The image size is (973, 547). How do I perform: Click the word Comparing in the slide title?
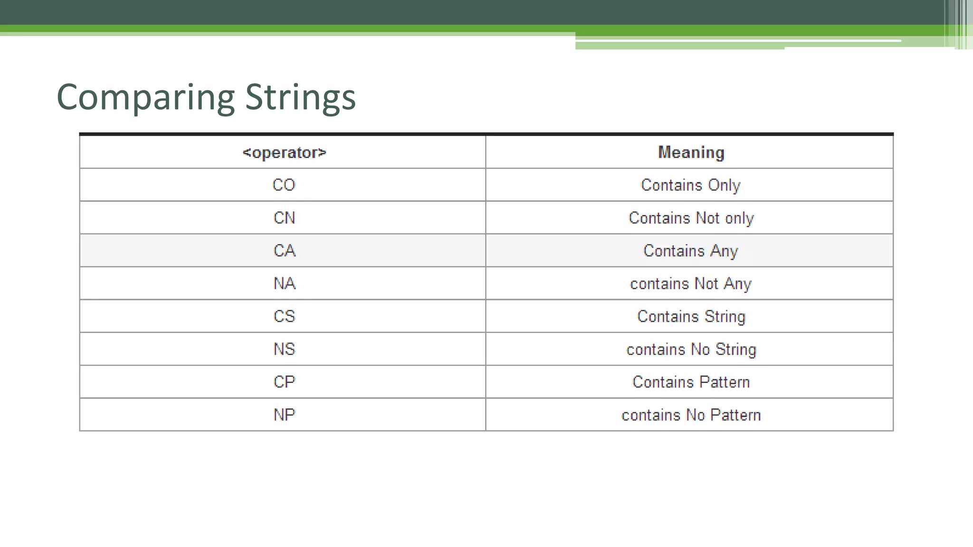pos(145,97)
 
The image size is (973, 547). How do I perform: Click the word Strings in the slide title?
pos(300,97)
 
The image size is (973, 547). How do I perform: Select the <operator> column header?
pos(284,152)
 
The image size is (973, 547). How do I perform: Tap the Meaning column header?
pos(691,152)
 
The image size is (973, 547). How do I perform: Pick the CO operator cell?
pos(284,185)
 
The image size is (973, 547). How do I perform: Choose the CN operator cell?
pos(284,218)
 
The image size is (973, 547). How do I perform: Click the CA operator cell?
pos(284,251)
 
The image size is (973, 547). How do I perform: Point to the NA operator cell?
pos(284,283)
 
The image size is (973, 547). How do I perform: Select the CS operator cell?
pos(284,316)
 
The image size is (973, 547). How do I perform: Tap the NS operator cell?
pos(284,349)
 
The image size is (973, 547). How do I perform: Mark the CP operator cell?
pos(284,382)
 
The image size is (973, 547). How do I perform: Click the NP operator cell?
pos(284,415)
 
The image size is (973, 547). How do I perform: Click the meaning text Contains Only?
pos(690,185)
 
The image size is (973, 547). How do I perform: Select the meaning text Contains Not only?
pos(691,218)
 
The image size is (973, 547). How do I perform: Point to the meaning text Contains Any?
pos(690,251)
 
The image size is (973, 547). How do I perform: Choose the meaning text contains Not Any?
pos(690,283)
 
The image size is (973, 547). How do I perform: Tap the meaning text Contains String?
pos(691,316)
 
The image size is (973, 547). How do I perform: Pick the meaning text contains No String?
pos(691,349)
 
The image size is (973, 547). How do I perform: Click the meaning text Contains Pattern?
pos(691,382)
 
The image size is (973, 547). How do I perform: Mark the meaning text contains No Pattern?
pos(691,415)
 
